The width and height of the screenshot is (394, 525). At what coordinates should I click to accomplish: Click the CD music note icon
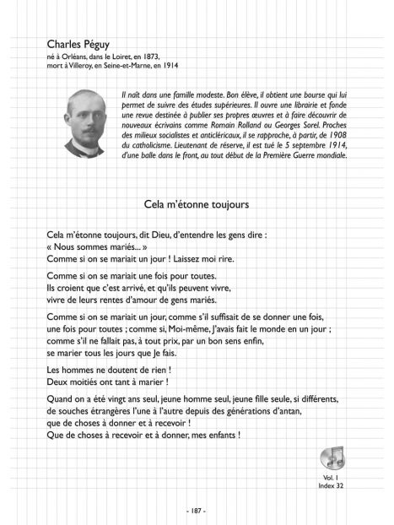[x=332, y=456]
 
